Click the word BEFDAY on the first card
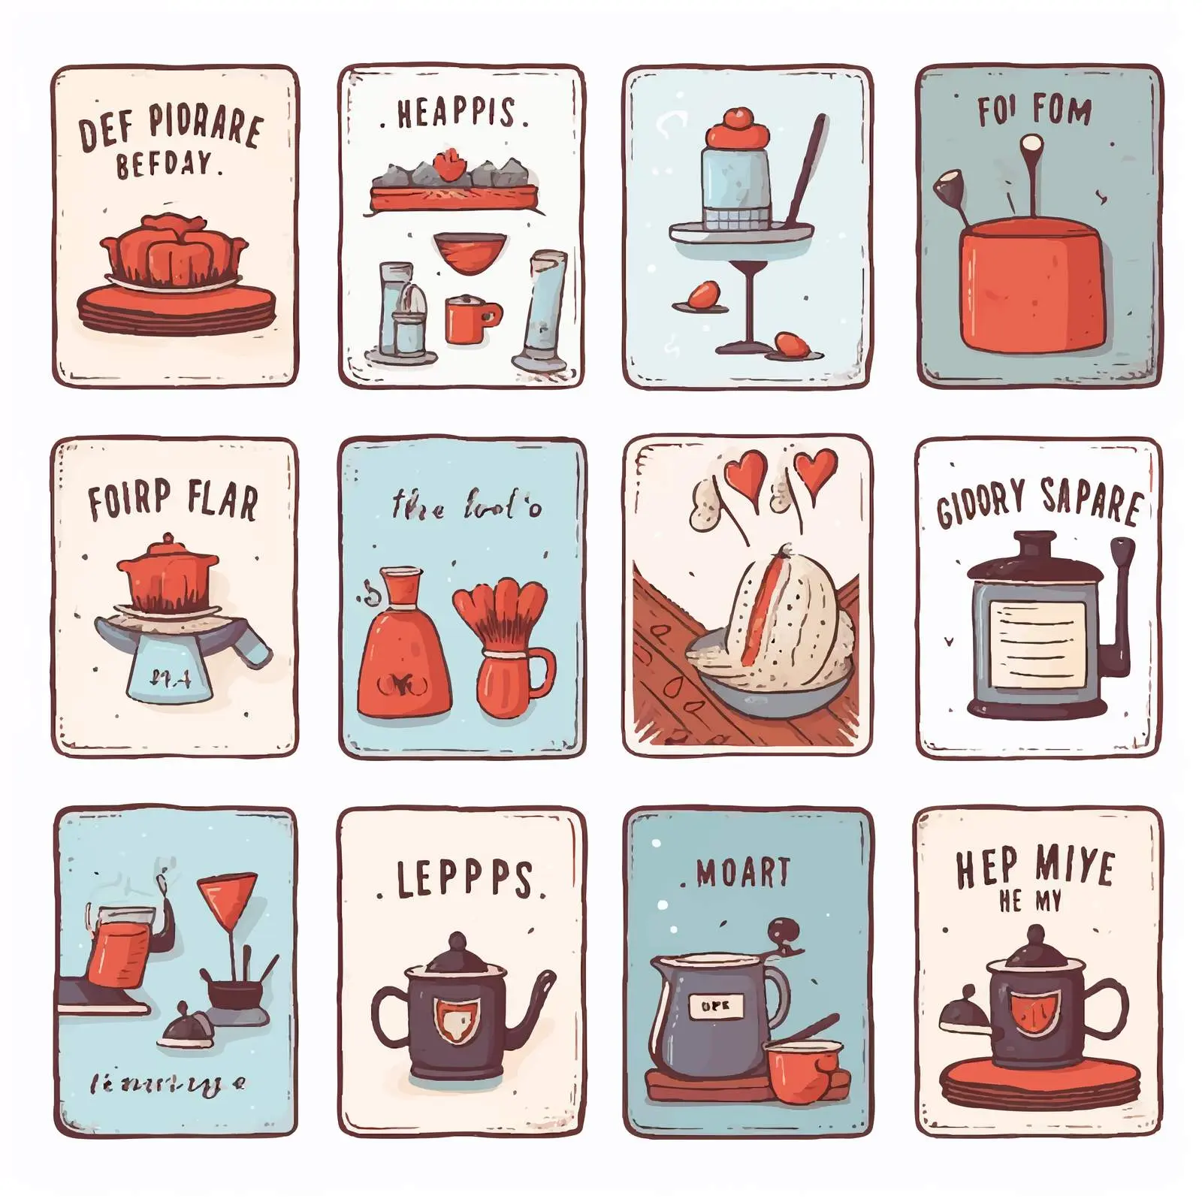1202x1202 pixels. (167, 164)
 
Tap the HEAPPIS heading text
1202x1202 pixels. (456, 113)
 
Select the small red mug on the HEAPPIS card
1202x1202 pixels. (470, 319)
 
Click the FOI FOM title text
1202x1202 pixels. (1034, 110)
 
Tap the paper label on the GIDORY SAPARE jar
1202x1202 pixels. (1038, 645)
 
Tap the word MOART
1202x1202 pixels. (742, 872)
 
